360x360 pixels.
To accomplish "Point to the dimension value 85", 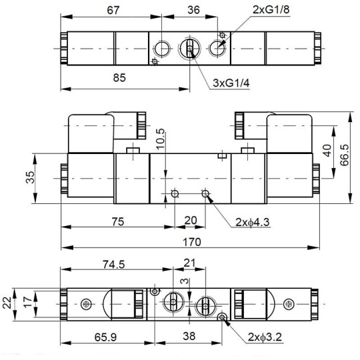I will point(119,77).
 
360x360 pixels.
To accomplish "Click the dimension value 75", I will point(117,221).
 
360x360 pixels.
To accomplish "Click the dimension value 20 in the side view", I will point(190,221).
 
